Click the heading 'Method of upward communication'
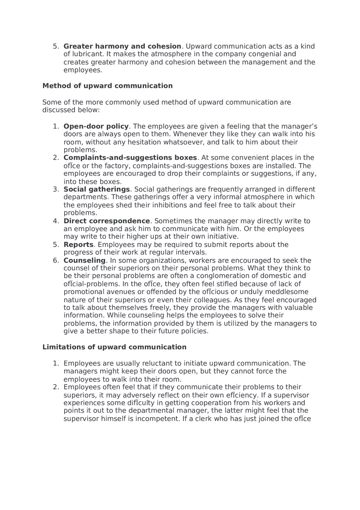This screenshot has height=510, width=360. (107, 86)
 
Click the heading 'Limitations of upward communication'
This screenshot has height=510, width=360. (114, 347)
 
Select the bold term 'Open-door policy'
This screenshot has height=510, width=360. (96, 126)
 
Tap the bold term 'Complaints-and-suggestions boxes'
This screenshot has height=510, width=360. (130, 158)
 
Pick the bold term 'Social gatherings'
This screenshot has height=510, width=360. (97, 189)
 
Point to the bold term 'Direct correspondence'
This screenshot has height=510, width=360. (107, 221)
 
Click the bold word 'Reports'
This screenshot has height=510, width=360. (79, 245)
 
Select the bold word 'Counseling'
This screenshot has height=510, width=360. (84, 261)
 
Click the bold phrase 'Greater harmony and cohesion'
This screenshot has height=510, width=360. (122, 47)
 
